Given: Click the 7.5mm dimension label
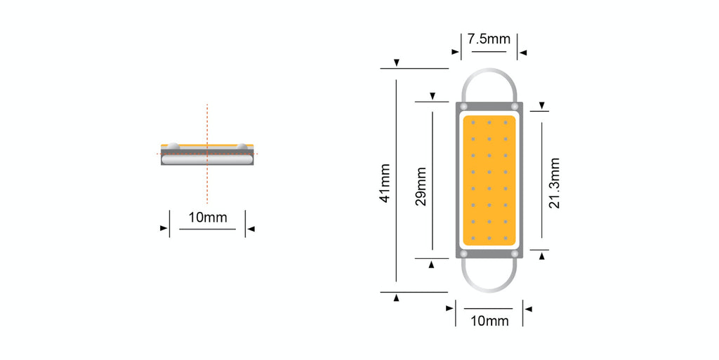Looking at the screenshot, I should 489,39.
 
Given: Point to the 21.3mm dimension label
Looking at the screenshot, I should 554,184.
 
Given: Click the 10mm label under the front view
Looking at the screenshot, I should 489,321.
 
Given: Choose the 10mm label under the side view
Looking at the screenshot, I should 207,218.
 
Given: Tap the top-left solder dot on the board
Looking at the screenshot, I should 463,106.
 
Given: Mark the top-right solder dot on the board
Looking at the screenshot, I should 515,106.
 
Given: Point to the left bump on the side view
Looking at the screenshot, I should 173,147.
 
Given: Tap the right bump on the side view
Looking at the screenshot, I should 242,147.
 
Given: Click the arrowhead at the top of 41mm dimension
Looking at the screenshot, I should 397,63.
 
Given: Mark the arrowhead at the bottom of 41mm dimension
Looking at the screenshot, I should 397,298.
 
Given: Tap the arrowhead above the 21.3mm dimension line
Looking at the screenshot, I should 541,106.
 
